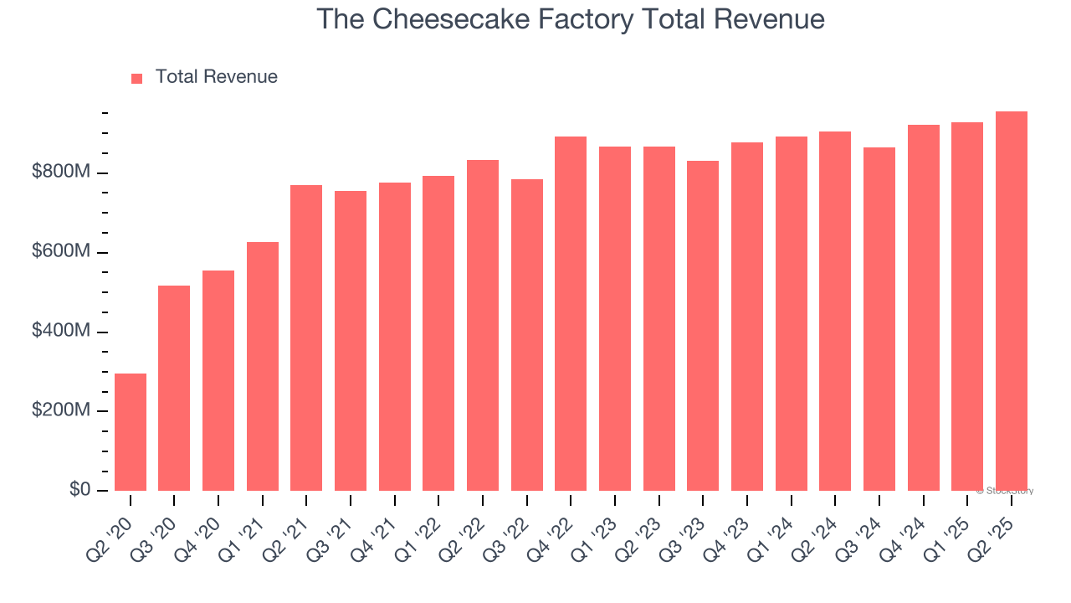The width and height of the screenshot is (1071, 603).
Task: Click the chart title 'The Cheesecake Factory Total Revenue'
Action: tap(571, 19)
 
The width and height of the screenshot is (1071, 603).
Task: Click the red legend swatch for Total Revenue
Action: tap(137, 78)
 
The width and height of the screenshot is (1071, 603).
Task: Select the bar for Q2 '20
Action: tap(131, 431)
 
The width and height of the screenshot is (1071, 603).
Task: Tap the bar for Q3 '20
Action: tap(174, 388)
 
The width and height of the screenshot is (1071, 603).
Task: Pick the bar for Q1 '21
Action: tap(263, 366)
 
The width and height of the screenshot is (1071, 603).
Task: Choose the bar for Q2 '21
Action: tap(306, 338)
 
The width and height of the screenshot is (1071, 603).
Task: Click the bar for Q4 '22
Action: tap(571, 313)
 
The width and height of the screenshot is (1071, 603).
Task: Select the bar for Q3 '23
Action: tap(703, 325)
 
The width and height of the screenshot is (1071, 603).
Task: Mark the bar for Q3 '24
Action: tap(879, 318)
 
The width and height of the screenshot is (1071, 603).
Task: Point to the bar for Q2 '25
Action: tap(1012, 301)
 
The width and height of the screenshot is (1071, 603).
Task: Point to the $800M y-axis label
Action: tap(60, 173)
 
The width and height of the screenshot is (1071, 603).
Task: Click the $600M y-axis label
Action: tap(60, 252)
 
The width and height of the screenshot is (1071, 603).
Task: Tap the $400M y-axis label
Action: tap(60, 332)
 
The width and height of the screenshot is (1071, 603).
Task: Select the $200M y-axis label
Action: tap(60, 411)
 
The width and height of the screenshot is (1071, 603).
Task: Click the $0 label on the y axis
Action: tap(79, 490)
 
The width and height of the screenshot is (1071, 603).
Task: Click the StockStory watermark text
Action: tap(1005, 491)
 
